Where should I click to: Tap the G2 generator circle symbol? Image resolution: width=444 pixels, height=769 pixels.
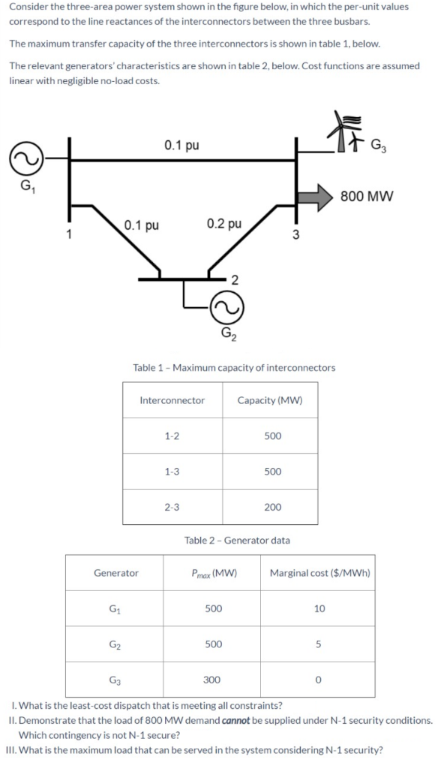226,305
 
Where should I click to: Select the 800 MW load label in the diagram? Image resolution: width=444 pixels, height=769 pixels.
367,197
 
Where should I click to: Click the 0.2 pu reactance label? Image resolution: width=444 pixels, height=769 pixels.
223,224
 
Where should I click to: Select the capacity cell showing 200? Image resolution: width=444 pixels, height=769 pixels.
272,507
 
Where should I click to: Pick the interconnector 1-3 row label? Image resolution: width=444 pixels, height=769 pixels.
172,471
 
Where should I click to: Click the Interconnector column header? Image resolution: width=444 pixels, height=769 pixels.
172,400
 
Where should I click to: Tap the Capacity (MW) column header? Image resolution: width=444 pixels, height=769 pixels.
270,400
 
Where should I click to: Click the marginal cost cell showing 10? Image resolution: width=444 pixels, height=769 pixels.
319,609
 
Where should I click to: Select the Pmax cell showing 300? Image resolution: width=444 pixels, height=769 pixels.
212,680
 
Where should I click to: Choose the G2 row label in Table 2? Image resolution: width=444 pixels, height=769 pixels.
115,644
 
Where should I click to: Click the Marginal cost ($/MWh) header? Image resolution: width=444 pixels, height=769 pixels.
320,573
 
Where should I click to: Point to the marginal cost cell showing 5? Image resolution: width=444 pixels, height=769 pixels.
319,644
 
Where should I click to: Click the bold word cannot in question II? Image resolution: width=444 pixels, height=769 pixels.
237,720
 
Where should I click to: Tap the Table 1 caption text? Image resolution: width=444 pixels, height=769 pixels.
233,367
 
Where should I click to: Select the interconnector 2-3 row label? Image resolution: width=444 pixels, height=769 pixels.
172,507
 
